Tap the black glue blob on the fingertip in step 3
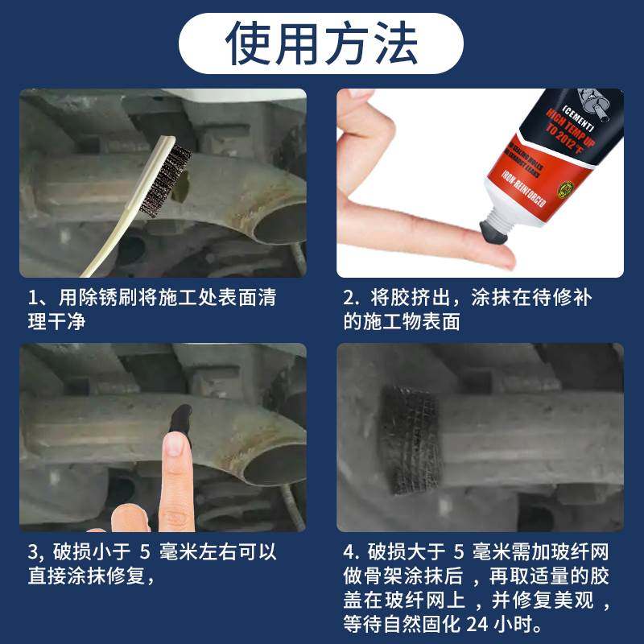(179, 419)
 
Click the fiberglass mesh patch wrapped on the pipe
(410, 439)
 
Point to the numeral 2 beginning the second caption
(349, 298)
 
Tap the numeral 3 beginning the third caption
(33, 553)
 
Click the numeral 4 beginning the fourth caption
(349, 553)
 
